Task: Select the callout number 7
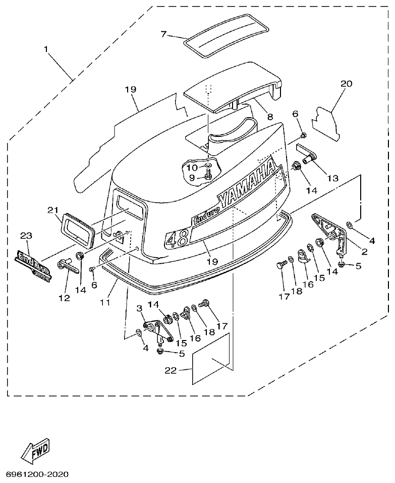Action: pyautogui.click(x=163, y=34)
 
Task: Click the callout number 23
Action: pyautogui.click(x=26, y=235)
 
